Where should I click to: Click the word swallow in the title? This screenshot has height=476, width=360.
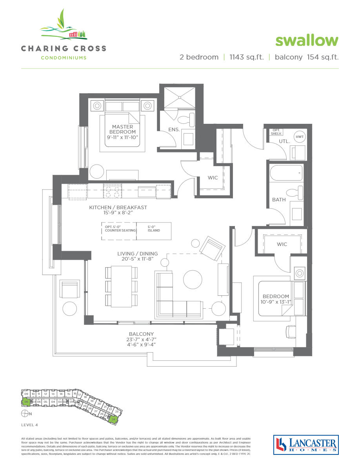point(307,40)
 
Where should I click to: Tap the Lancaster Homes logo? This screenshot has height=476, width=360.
point(305,445)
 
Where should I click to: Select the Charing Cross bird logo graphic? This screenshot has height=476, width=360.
point(64,26)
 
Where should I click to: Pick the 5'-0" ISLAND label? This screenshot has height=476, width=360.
point(154,229)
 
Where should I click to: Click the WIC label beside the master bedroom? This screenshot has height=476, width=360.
point(213,178)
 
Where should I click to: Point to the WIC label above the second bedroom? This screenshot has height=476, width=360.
point(282,244)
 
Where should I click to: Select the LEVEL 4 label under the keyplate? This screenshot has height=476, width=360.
point(29,425)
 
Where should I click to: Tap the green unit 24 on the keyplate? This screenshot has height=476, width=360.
point(113,419)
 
